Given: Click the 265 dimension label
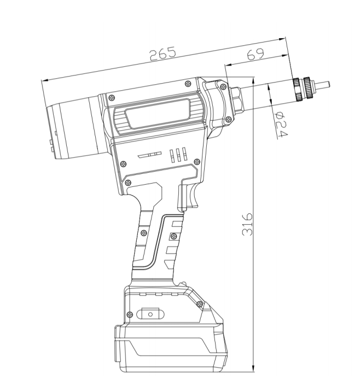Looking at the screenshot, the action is coord(163,53).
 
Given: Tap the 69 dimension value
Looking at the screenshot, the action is coord(256,54).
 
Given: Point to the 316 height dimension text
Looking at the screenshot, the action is coord(247,224).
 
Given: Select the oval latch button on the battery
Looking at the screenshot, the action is coord(150,314).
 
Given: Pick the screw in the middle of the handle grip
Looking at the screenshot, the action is coord(143,232).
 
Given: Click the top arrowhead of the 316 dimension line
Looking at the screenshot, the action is coord(253,79).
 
